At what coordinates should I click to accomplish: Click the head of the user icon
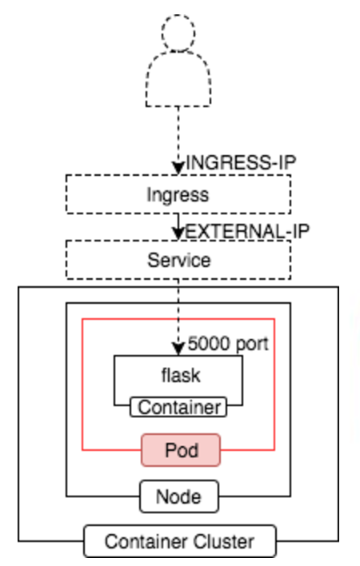[x=178, y=33]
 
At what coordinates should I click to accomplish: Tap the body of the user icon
[x=178, y=78]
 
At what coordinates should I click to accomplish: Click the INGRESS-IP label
[x=241, y=162]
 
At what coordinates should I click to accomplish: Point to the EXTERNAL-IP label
[x=247, y=231]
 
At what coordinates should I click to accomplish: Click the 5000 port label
[x=228, y=343]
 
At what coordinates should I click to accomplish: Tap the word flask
[x=181, y=375]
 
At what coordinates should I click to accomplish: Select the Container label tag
[x=178, y=407]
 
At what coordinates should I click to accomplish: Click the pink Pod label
[x=181, y=450]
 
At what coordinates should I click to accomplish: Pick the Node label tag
[x=179, y=496]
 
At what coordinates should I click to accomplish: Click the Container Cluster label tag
[x=180, y=541]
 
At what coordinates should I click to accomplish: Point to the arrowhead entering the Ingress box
[x=178, y=168]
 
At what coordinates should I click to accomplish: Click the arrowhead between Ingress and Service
[x=178, y=233]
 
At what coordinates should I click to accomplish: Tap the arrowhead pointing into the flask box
[x=178, y=349]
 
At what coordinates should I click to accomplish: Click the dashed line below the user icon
[x=178, y=134]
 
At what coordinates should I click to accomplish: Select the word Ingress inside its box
[x=178, y=195]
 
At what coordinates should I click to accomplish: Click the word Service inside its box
[x=179, y=260]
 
